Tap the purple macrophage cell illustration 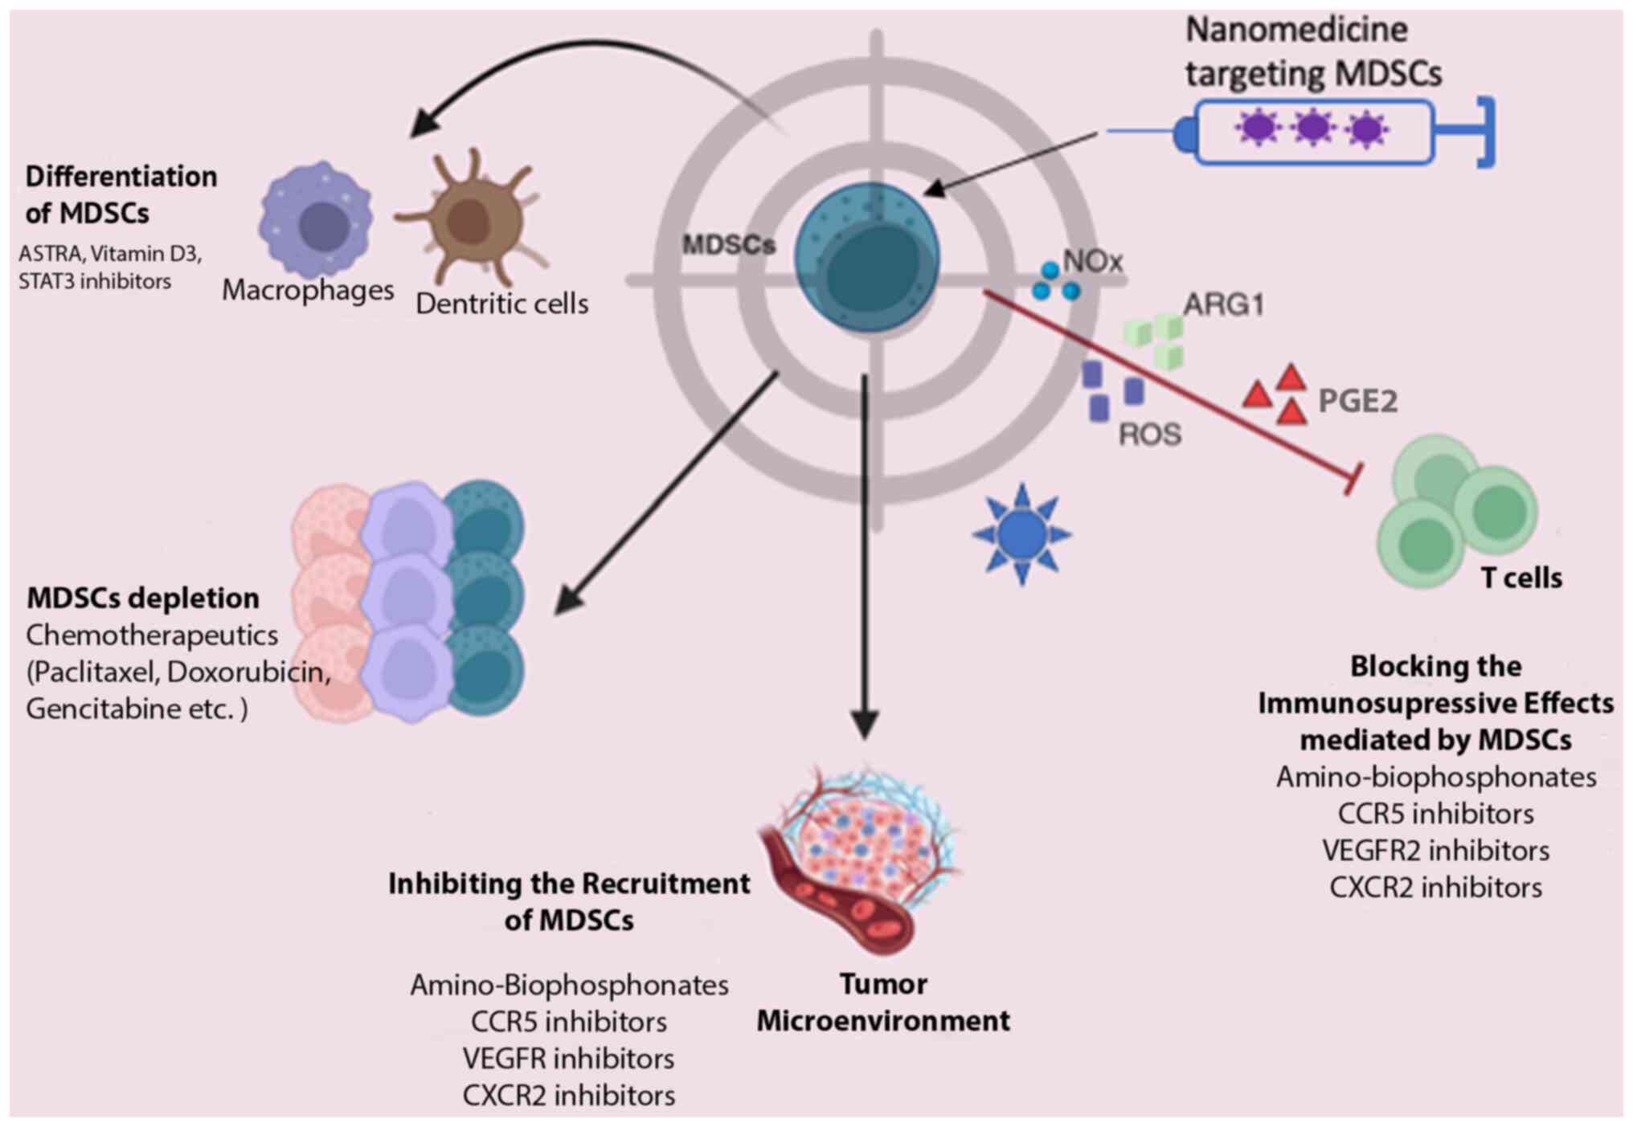click(316, 219)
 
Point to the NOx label click(1092, 261)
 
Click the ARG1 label click(1223, 305)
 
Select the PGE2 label click(1357, 401)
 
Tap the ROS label click(1150, 435)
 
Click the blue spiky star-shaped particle click(1021, 534)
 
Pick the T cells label click(1521, 578)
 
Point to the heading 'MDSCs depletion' click(143, 598)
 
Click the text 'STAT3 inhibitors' click(95, 282)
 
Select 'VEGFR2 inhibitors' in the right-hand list click(1435, 851)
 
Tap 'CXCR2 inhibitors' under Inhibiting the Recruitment click(569, 1096)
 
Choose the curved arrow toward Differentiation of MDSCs click(595, 64)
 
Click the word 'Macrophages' click(308, 290)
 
